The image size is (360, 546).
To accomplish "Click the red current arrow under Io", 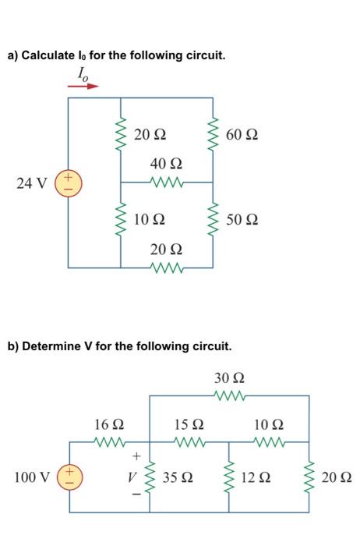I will [x=83, y=86].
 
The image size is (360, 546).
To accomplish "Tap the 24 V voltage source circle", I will [x=68, y=184].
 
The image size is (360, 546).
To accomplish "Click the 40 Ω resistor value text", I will [x=167, y=164].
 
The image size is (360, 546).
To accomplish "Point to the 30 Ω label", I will [x=229, y=378].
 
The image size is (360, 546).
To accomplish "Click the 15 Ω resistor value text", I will [x=189, y=425].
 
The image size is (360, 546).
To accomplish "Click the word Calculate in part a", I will [x=52, y=55].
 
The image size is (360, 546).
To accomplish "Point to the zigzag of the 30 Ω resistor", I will [x=229, y=396].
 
